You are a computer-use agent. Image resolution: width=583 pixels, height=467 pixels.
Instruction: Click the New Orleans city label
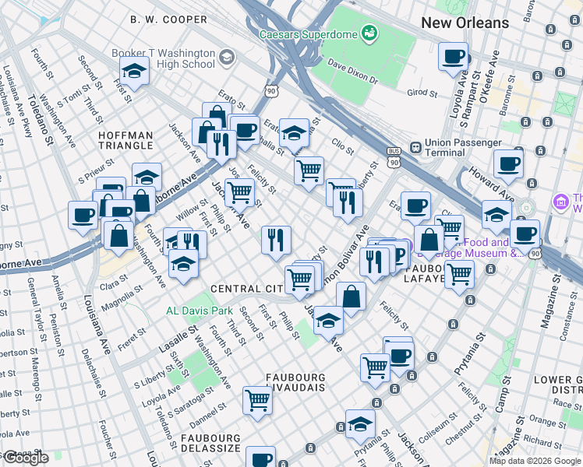point(465,23)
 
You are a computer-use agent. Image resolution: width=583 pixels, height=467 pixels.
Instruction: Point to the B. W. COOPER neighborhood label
point(168,19)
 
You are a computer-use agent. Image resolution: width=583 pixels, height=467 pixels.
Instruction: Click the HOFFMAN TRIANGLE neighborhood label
point(125,140)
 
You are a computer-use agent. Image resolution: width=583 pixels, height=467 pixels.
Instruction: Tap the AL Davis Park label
point(200,310)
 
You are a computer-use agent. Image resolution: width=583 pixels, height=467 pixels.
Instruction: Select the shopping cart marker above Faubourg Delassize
point(257,400)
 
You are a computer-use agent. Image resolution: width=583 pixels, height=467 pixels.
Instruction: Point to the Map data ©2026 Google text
point(535,461)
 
